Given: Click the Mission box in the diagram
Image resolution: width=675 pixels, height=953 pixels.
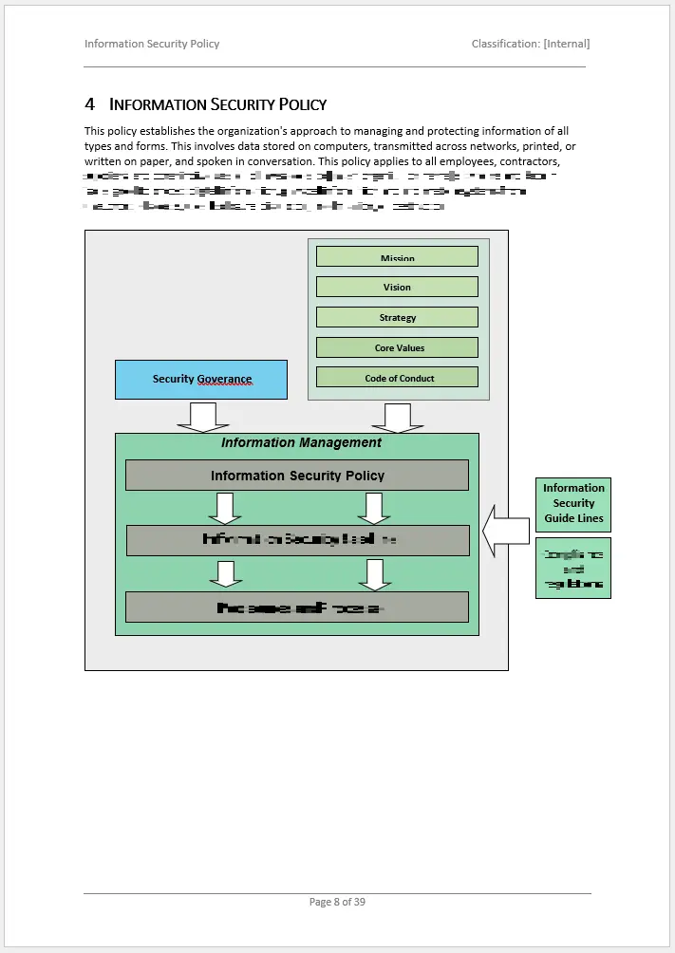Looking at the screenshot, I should (397, 257).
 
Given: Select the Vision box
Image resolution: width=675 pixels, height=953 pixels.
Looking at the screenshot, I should (397, 287).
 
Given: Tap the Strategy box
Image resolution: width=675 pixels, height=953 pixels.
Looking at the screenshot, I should (397, 317).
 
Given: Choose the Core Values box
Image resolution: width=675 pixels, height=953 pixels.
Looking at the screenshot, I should (397, 347).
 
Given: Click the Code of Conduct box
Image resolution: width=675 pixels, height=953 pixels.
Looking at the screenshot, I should (397, 378).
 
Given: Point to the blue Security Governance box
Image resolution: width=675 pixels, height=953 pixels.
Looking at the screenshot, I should (201, 380).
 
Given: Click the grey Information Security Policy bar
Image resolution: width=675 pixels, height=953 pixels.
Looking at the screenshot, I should (297, 476).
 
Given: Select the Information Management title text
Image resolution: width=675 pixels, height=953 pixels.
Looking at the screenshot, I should (301, 442).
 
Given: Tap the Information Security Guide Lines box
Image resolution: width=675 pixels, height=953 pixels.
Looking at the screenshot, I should (573, 504).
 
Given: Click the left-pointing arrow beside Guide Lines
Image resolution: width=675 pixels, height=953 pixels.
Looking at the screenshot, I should (505, 531).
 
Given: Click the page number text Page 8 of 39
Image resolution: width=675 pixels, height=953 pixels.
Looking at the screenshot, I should (337, 902).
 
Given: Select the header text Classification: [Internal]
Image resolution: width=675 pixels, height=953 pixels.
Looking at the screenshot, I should (530, 44).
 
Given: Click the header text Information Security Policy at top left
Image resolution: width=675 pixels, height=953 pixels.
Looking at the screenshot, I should (152, 44).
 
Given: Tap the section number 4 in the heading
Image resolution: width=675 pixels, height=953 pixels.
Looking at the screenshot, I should (90, 103).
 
